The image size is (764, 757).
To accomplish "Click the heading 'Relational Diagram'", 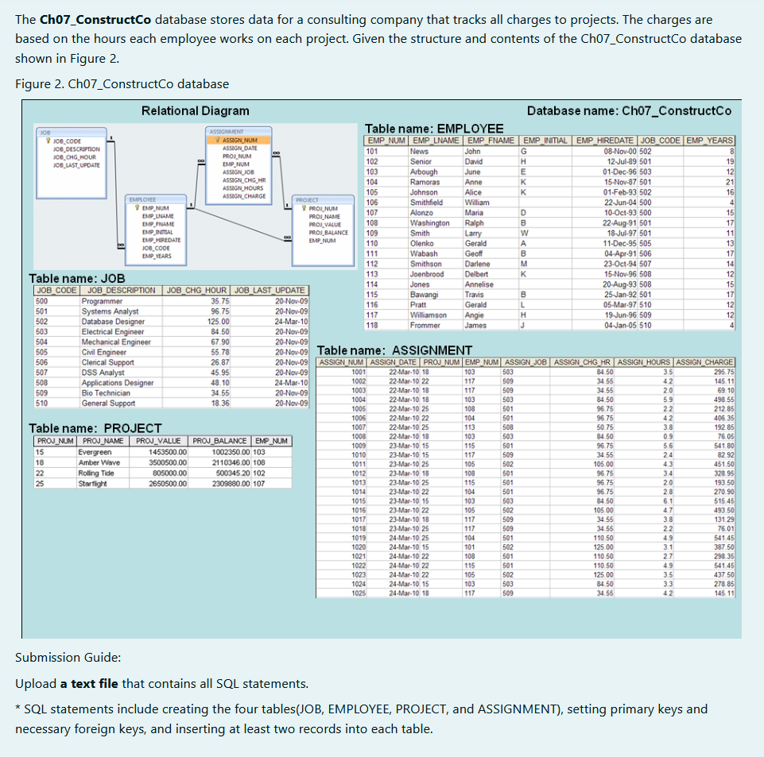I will coord(195,110).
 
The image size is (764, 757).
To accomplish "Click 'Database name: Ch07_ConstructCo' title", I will coord(629,110).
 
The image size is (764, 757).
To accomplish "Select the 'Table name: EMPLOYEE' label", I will coord(433,129).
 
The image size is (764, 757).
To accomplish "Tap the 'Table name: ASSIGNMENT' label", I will coord(394,350).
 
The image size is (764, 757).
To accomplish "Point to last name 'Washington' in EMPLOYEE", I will coord(429,223).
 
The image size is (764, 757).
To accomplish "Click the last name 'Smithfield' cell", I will coord(427,203).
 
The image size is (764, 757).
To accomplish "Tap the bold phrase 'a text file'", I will coord(89,683).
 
